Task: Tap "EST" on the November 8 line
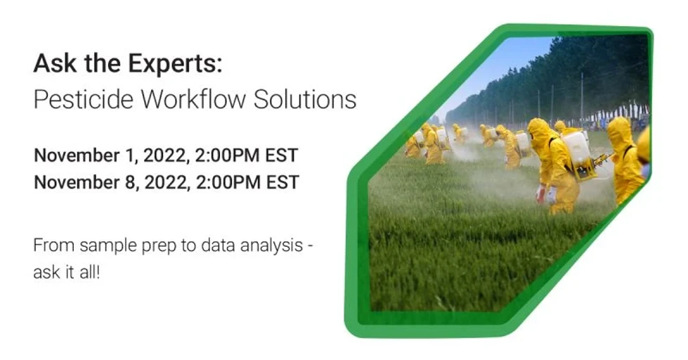coord(283,182)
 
